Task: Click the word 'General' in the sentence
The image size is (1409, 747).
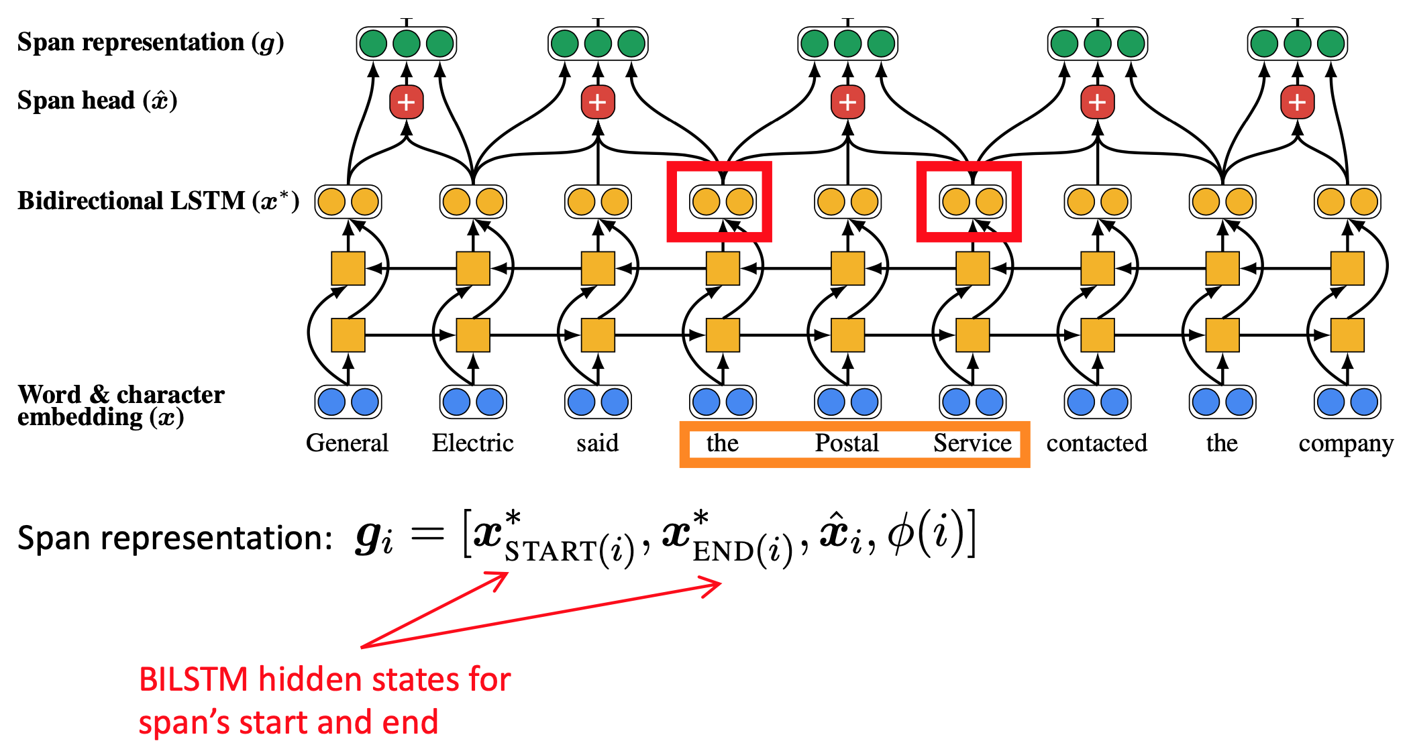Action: coord(347,443)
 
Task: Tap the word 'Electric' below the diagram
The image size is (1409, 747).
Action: coord(472,443)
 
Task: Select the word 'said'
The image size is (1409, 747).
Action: coord(597,443)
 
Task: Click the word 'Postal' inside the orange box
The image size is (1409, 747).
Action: coord(847,443)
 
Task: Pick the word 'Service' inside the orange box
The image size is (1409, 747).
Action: coord(972,443)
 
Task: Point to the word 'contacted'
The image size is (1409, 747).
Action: coord(1096,443)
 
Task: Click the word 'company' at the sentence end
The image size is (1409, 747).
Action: coord(1345,444)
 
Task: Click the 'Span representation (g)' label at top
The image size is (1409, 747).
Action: coord(150,42)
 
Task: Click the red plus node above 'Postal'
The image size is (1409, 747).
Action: coord(847,103)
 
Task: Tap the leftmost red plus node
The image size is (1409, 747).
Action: coord(406,103)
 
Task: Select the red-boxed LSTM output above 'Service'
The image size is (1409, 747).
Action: coord(972,201)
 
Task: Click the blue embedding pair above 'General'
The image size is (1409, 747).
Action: coord(348,402)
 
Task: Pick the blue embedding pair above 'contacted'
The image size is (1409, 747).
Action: coord(1097,402)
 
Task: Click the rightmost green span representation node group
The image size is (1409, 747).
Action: coord(1297,44)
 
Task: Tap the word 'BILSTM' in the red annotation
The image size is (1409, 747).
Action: coord(194,680)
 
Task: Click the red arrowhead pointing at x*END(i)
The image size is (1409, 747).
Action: coord(713,585)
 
